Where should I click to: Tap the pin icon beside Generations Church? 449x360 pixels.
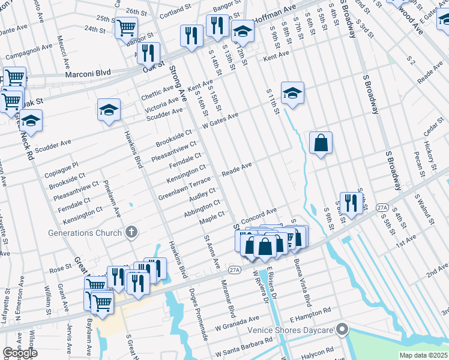[130, 232]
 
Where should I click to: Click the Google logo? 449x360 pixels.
[20, 353]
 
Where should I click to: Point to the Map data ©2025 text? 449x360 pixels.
[424, 355]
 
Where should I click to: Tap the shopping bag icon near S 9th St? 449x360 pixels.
[321, 143]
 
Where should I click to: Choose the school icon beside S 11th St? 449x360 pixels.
[292, 93]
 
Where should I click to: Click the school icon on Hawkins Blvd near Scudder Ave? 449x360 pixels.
[109, 110]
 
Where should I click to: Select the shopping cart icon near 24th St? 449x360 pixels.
[126, 27]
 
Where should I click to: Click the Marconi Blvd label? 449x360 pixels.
[86, 73]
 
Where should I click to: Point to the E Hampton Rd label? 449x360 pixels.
[310, 311]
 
